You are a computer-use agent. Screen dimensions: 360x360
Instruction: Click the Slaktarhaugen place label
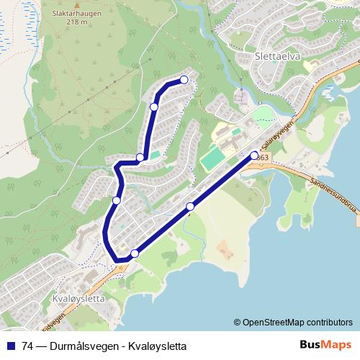77,12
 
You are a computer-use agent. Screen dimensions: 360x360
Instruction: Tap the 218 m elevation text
77,22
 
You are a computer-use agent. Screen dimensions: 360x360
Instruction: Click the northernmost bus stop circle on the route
184,80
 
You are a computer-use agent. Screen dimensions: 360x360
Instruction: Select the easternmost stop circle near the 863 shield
253,155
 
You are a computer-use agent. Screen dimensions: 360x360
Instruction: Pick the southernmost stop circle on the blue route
135,253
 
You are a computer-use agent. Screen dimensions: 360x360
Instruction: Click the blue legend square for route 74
10,346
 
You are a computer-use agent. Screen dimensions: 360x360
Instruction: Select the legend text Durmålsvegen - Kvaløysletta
118,346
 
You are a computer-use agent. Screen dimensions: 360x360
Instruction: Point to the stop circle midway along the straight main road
190,207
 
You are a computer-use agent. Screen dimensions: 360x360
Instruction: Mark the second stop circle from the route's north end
153,107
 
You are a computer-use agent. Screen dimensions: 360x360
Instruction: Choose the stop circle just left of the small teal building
141,158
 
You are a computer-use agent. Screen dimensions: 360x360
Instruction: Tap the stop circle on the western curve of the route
116,200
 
